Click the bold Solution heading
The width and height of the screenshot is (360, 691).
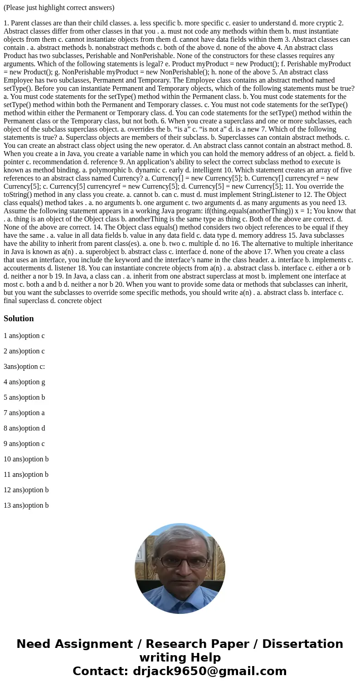pyautogui.click(x=19, y=319)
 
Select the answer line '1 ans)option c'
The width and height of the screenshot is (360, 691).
pyautogui.click(x=24, y=336)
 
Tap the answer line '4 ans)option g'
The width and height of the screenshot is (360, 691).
pyautogui.click(x=24, y=382)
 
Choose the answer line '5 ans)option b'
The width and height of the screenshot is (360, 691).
pyautogui.click(x=24, y=397)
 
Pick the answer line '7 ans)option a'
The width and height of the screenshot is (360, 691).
pyautogui.click(x=24, y=413)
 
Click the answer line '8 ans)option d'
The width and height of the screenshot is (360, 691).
pyautogui.click(x=24, y=428)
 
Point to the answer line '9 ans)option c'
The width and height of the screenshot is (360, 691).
pyautogui.click(x=24, y=444)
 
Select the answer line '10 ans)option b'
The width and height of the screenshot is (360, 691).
pyautogui.click(x=26, y=459)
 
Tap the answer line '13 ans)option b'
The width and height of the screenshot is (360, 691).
pyautogui.click(x=26, y=505)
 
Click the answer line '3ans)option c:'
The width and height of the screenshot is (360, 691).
pyautogui.click(x=24, y=367)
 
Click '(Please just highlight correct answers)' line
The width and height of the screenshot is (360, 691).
pyautogui.click(x=59, y=8)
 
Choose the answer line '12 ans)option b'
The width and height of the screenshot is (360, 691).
pyautogui.click(x=26, y=490)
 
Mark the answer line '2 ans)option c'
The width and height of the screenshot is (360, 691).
pyautogui.click(x=24, y=351)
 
